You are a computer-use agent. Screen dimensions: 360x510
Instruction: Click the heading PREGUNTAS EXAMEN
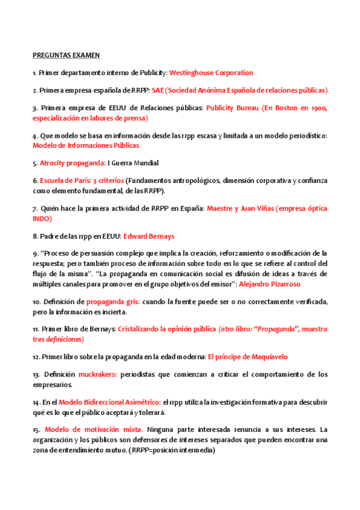click(66, 55)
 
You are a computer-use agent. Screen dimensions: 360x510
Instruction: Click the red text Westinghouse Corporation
click(212, 73)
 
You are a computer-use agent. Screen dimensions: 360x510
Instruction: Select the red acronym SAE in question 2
click(157, 90)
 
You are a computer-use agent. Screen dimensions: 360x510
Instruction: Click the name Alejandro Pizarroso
click(270, 283)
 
